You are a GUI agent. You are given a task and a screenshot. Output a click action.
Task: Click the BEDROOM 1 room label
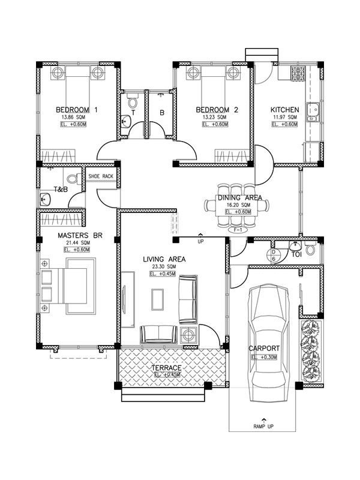click(x=76, y=110)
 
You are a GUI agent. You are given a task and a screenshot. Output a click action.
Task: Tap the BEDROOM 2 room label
click(x=217, y=110)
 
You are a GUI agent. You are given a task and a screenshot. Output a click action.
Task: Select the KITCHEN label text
click(x=284, y=110)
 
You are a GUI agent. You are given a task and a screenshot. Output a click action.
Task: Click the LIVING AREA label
click(x=163, y=259)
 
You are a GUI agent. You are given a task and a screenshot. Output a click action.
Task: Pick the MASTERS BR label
click(x=80, y=235)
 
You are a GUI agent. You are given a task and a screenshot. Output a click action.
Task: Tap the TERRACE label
click(x=167, y=367)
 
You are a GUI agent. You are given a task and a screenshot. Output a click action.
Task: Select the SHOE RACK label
click(x=101, y=176)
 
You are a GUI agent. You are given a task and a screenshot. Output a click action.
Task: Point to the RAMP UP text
click(x=262, y=427)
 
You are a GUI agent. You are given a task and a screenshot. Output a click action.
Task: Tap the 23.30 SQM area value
click(x=163, y=266)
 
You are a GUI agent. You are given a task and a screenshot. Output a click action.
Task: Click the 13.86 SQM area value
click(x=76, y=117)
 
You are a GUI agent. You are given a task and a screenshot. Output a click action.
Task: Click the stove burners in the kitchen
click(x=296, y=75)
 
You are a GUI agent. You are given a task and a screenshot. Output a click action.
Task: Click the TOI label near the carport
click(x=295, y=254)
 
